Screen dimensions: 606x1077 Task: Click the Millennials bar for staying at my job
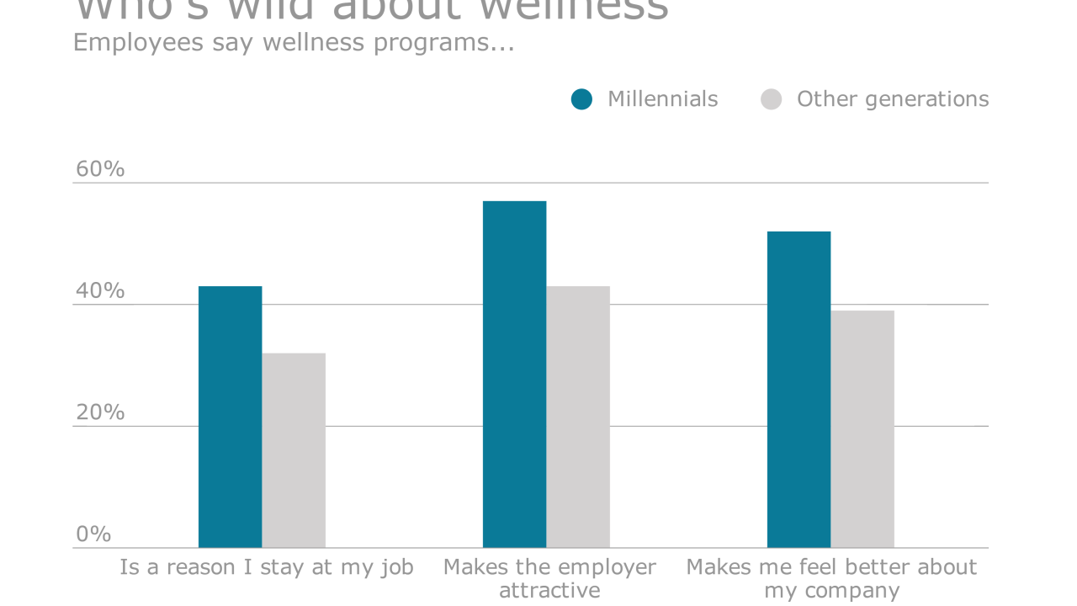[x=230, y=417]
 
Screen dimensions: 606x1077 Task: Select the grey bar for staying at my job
[x=294, y=450]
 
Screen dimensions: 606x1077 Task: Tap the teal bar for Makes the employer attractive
[x=514, y=375]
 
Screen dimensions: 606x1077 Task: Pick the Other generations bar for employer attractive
[x=578, y=417]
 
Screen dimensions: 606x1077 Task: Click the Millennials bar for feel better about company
[x=798, y=390]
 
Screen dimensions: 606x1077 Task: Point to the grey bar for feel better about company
[x=862, y=429]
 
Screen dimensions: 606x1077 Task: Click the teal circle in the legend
[x=581, y=99]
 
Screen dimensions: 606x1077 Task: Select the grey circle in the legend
[x=771, y=99]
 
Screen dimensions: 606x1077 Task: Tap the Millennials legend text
[x=662, y=99]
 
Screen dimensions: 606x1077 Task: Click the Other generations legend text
[x=892, y=99]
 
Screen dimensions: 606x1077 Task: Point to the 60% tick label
[x=100, y=169]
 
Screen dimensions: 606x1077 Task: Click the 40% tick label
[x=100, y=291]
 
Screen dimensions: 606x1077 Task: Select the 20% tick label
[x=100, y=412]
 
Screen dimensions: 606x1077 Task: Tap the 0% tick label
[x=93, y=534]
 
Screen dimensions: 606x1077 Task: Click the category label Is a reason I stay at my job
[x=266, y=567]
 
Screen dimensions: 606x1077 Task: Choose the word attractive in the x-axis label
[x=549, y=591]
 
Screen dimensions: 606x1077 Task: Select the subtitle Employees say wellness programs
[x=293, y=42]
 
